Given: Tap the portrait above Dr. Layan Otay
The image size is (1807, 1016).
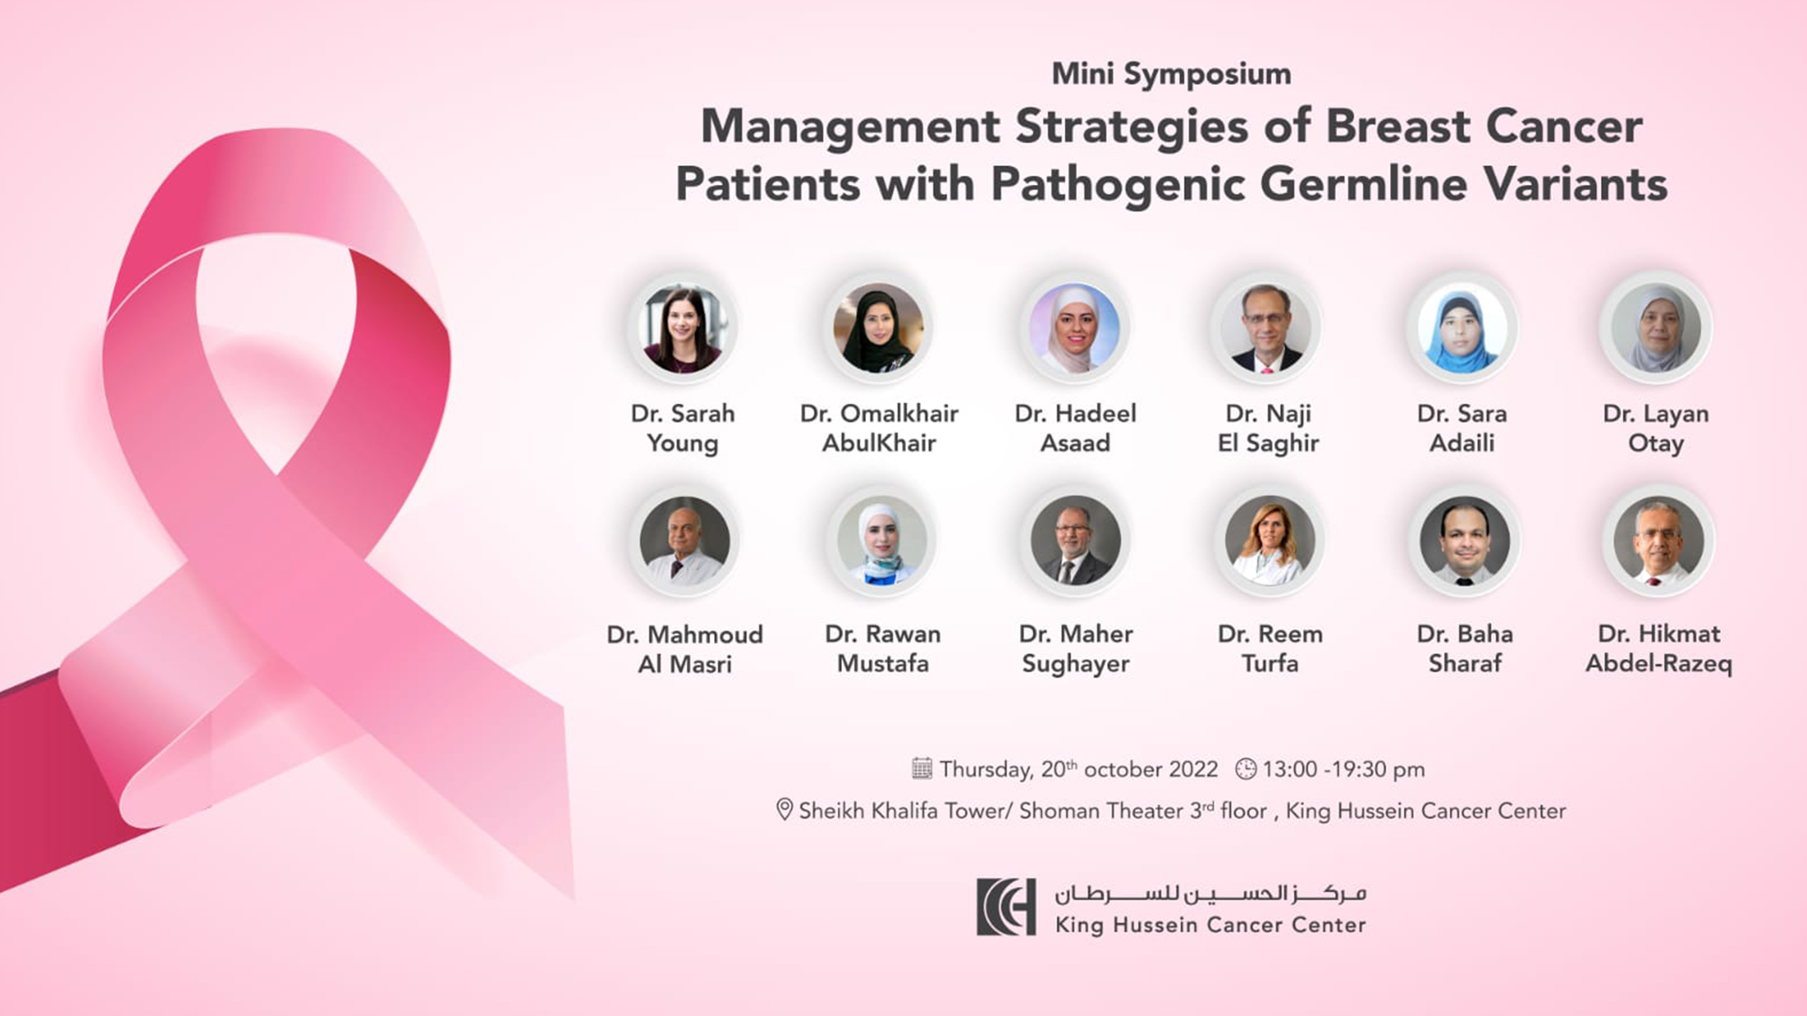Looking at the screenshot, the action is coord(1656,327).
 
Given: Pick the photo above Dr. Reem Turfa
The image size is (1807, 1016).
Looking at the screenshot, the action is coord(1270,541).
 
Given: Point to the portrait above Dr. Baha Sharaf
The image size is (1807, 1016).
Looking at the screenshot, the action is coord(1465,541).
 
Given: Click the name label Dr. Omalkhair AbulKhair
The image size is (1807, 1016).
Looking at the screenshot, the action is coord(879,428).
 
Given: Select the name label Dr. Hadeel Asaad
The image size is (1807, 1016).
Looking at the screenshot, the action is coord(1075,428).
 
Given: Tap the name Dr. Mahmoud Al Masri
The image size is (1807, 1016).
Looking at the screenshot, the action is coord(685,648).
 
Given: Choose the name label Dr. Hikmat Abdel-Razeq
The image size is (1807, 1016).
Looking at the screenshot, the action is coord(1659,648).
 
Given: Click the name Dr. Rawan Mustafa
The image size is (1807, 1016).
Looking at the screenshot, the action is coord(882,648).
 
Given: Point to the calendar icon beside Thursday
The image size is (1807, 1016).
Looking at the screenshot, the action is coord(922,769).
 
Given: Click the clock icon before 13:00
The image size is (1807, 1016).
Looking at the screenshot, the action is coord(1246,769).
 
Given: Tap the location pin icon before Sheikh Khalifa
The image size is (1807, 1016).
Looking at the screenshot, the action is coord(784,810).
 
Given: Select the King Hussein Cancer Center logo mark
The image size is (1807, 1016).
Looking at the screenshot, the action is coord(1006,907).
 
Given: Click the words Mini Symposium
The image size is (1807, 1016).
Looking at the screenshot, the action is coord(1171,74).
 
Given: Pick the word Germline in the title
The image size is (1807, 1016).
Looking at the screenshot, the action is coord(1363,184).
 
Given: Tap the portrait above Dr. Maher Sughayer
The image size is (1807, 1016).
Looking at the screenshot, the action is coord(1075,541).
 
